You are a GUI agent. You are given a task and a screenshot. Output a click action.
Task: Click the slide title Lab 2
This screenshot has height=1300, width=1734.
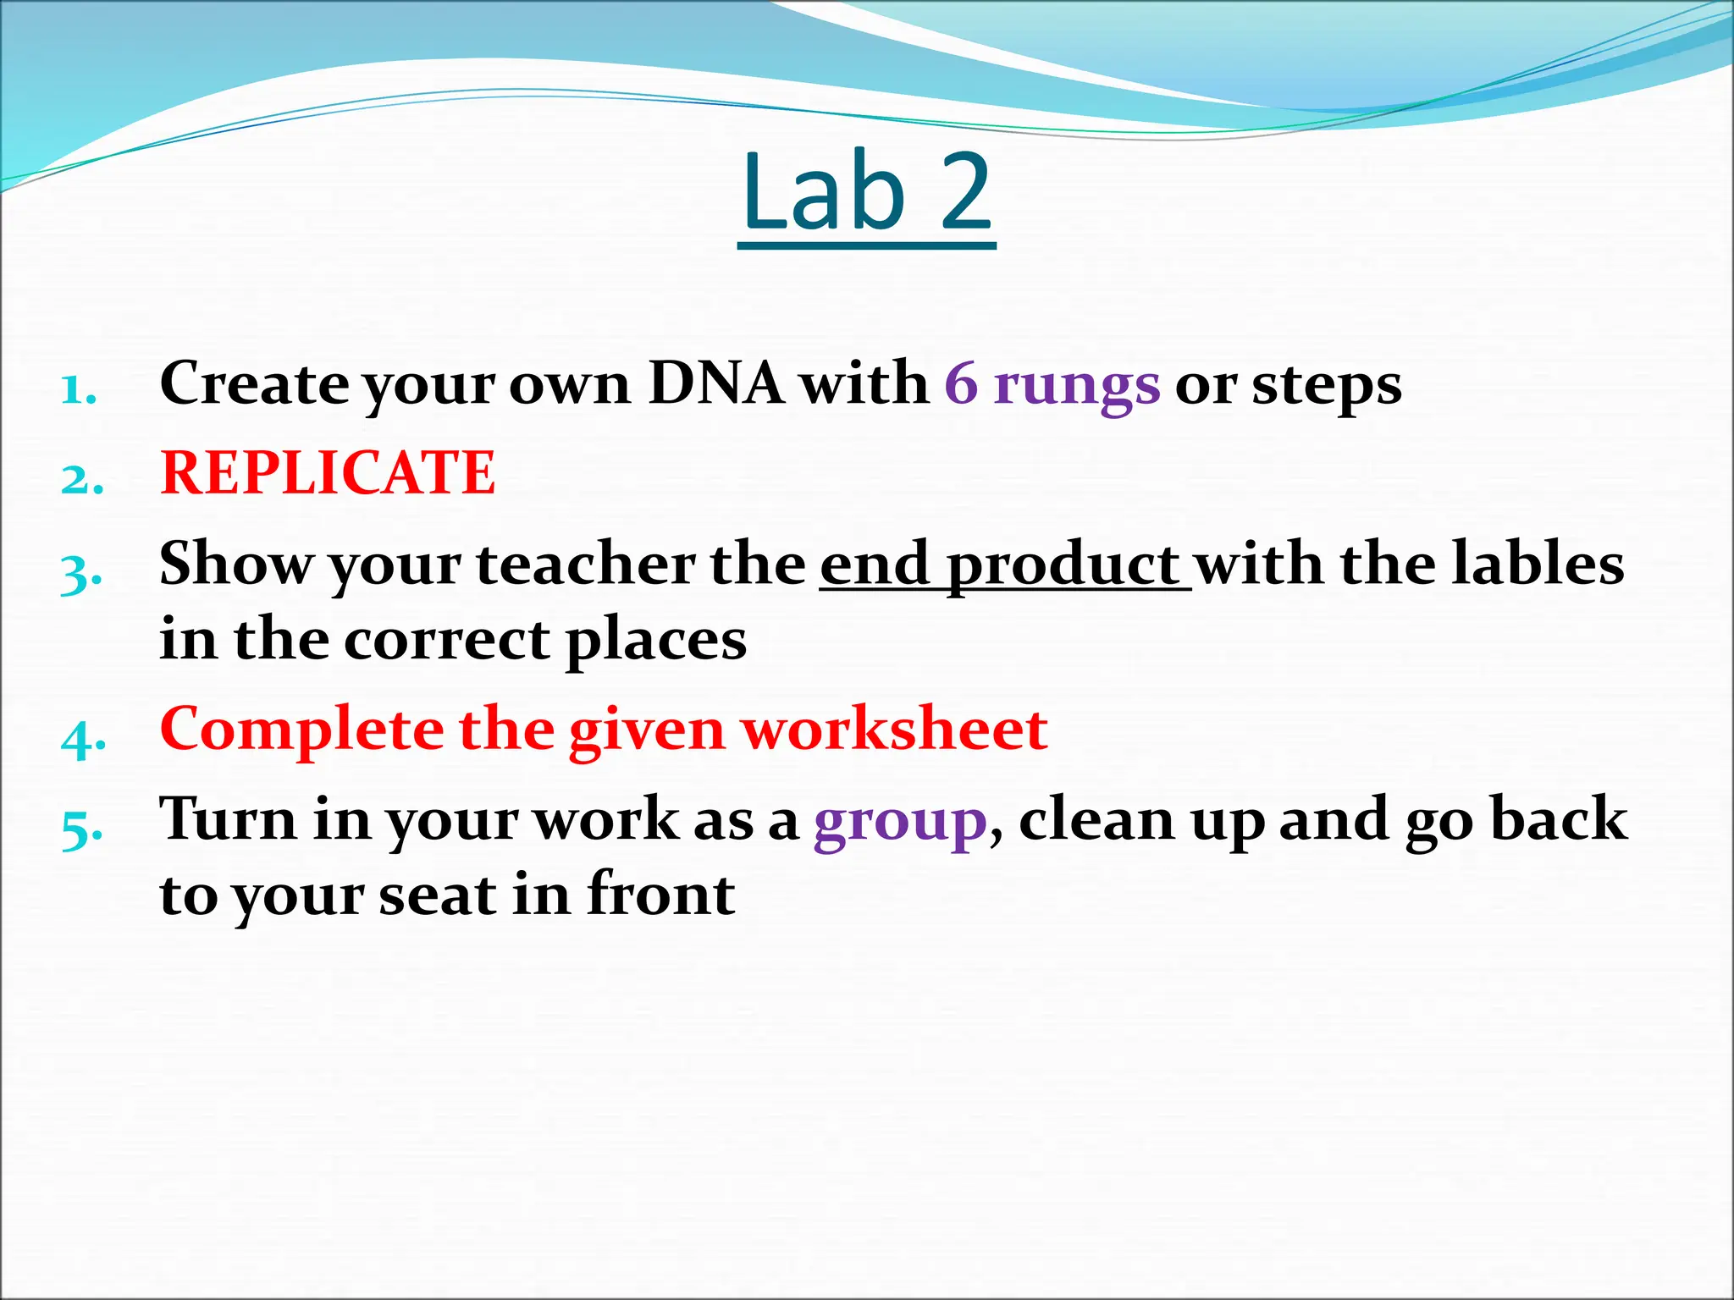point(866,193)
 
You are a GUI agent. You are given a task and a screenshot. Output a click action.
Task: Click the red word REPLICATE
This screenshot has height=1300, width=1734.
point(328,472)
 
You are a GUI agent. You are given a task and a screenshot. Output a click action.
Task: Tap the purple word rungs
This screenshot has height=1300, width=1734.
point(1076,385)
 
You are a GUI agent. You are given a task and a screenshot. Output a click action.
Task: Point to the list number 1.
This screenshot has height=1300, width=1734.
point(79,391)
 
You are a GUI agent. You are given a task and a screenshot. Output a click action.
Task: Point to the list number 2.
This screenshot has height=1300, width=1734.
point(82,480)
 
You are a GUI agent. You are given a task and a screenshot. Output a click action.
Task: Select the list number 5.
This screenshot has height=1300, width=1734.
point(82,829)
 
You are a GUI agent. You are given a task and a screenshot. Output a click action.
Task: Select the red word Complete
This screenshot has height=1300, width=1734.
point(301,730)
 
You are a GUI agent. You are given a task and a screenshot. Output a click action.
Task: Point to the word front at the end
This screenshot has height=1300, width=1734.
point(660,894)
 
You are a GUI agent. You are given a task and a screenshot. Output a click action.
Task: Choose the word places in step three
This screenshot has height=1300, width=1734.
point(656,640)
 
